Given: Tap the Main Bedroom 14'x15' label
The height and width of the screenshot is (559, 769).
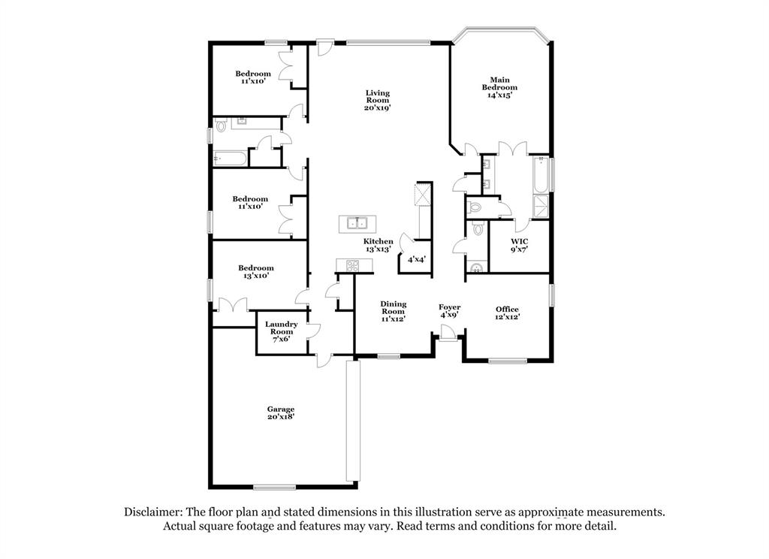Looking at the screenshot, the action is click(499, 87).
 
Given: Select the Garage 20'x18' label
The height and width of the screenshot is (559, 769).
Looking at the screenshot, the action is click(281, 412).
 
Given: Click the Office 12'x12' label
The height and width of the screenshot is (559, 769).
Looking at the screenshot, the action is click(507, 313).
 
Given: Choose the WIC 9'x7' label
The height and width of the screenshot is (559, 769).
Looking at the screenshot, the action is click(520, 245).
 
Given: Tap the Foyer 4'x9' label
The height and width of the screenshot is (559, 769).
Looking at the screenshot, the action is click(449, 310).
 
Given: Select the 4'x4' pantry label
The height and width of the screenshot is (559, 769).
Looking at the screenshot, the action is click(416, 258).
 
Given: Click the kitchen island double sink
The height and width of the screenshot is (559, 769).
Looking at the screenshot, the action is click(357, 223).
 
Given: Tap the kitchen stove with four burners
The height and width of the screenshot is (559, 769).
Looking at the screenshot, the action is click(353, 265).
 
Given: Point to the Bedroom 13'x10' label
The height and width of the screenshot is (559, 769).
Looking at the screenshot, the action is click(256, 271).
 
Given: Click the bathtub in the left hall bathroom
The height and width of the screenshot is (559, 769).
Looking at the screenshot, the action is click(230, 159).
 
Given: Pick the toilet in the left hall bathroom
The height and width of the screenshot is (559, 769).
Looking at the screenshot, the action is click(220, 126).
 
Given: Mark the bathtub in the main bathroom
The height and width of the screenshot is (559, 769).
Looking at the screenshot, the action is click(541, 174).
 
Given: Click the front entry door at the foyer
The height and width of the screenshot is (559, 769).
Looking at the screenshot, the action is click(448, 334).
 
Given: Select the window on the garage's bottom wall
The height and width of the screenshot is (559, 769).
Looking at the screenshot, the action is click(274, 488).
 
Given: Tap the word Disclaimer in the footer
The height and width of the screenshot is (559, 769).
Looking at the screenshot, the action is click(153, 512).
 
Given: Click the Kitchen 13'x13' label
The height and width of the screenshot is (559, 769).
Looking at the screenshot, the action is click(378, 245).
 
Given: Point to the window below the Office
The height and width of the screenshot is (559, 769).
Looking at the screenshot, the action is click(508, 361).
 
